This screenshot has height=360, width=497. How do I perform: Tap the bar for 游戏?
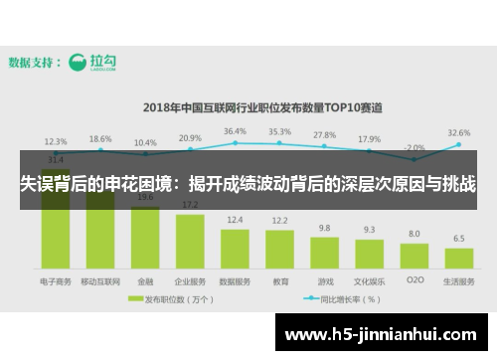(324, 255)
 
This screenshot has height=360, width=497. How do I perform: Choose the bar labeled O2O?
(414, 258)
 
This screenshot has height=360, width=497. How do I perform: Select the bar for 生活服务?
(458, 260)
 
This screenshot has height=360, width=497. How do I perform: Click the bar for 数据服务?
(235, 250)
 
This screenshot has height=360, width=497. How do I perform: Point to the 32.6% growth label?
(458, 132)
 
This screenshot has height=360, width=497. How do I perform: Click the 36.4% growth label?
(235, 131)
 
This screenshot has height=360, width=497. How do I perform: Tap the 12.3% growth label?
(56, 141)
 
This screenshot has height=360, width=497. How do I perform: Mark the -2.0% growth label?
(414, 147)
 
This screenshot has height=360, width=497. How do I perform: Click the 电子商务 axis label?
(56, 281)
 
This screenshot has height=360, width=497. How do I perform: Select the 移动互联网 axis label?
(100, 281)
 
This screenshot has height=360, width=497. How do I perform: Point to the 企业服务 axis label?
(190, 281)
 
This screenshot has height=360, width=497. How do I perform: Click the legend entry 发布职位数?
(175, 298)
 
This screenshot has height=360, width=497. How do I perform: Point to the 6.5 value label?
(458, 239)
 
